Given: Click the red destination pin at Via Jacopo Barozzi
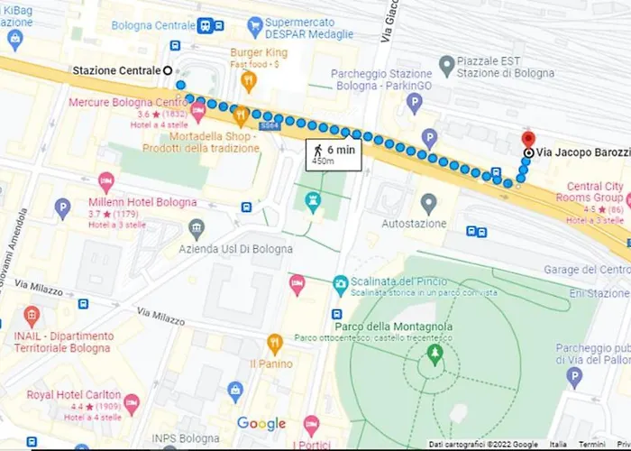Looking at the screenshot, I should pos(527,140).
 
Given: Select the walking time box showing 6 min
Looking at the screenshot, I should pos(334,154).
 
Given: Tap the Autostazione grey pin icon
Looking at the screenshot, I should pos(429,203).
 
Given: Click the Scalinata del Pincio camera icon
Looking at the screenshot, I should pos(340,284).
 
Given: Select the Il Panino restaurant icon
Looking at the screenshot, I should pos(275,343).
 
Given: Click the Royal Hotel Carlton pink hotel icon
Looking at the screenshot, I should pos(132,402).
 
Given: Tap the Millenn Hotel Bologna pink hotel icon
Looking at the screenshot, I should pos(106,182).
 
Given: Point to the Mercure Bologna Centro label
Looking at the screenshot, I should pos(128,102).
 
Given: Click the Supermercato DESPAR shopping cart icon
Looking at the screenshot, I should pos(255,24).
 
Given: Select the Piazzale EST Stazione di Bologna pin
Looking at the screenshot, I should pos(446,64).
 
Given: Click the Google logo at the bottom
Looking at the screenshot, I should pos(261,424).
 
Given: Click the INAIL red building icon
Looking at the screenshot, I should pos(32,317).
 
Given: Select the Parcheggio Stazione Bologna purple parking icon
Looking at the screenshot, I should pos(414,104).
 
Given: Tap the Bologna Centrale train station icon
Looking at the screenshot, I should pos(206,25).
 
